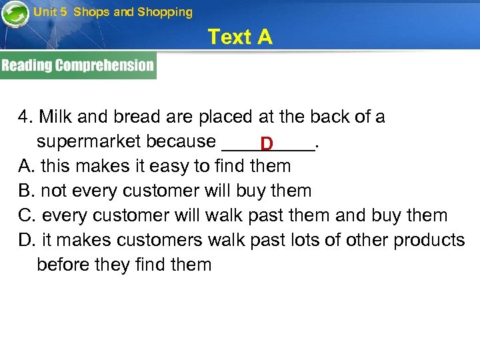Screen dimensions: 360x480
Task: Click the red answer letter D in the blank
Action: coord(267,143)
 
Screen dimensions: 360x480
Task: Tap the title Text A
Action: coord(240,37)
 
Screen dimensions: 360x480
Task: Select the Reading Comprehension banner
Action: coord(78,65)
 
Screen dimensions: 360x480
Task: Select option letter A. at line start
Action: coord(26,166)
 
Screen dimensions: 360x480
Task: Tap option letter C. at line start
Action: coord(27,215)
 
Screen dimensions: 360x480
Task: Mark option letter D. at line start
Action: coord(27,240)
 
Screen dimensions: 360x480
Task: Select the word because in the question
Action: coord(181,141)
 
